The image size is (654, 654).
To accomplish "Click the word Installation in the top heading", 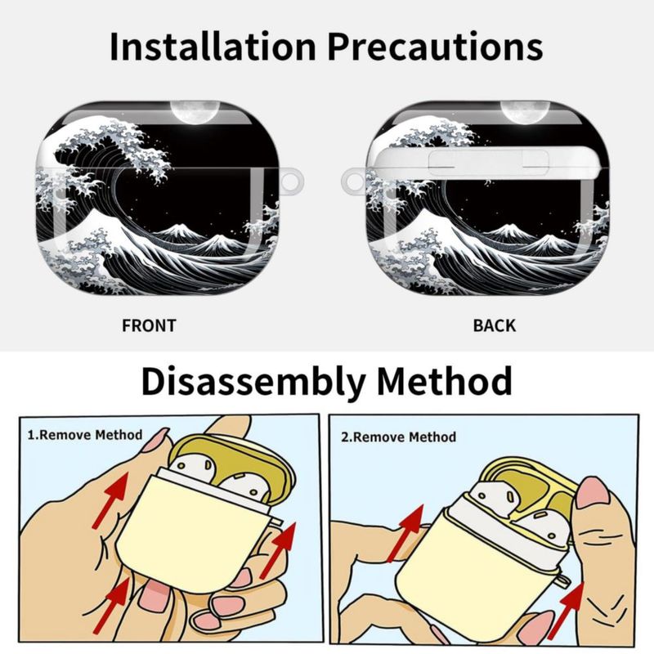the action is click(213, 46).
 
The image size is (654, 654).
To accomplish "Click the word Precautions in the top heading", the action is click(435, 46).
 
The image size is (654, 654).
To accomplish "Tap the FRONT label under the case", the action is click(149, 325).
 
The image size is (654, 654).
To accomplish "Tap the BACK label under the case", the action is click(495, 325).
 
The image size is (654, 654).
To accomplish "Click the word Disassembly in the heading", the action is click(253, 382).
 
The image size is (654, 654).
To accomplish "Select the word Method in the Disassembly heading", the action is click(444, 381).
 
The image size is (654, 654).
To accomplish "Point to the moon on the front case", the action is click(195, 112).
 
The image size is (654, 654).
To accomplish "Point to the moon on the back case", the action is click(525, 112).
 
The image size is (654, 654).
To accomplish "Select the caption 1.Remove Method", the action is click(85, 435).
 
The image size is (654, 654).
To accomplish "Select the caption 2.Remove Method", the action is click(399, 437).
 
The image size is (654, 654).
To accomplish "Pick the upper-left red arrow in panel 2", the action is click(405, 534).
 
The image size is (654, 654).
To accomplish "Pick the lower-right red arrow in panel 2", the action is click(566, 611).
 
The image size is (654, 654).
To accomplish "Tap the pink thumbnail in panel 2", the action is click(592, 493).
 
